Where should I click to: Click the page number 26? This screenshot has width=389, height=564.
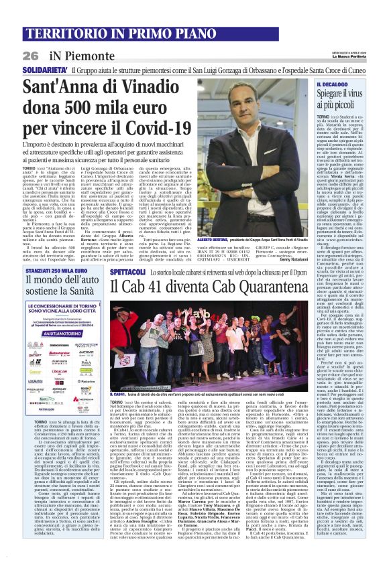(30, 56)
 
